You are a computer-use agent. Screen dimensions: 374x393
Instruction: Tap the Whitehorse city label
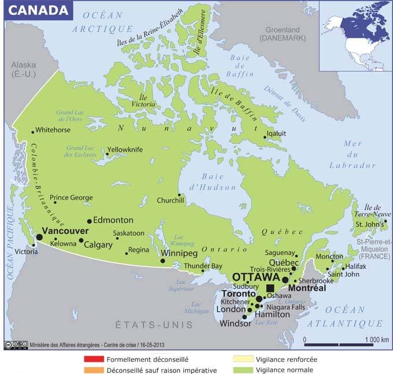[x=54, y=130]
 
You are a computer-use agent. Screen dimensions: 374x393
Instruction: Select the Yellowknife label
[x=125, y=149]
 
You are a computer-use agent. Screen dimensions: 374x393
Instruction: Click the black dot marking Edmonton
[x=89, y=221]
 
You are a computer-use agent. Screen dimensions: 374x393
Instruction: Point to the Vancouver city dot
[x=39, y=236]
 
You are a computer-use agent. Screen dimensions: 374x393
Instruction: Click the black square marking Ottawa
[x=270, y=288]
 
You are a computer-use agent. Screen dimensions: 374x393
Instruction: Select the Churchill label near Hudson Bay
[x=170, y=201]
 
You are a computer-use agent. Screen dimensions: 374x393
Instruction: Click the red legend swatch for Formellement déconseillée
[x=94, y=359]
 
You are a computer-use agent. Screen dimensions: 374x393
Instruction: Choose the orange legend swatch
[x=94, y=370]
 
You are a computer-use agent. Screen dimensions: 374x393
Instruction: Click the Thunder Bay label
[x=203, y=266]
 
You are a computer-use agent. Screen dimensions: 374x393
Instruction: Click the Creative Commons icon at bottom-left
[x=16, y=345]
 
